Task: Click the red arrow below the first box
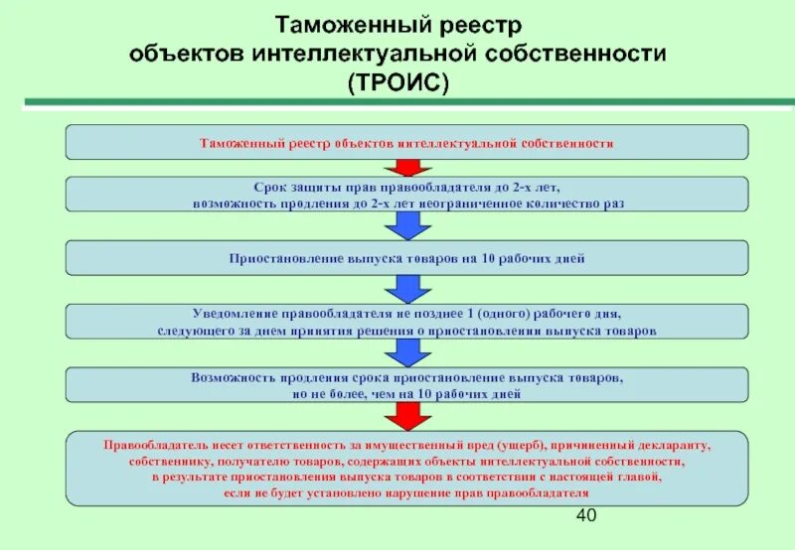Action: (x=406, y=167)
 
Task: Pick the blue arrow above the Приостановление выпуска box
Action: (x=406, y=225)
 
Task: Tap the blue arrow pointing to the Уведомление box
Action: (x=406, y=288)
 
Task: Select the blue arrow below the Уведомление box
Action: (x=406, y=351)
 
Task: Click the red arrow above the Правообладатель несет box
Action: (x=406, y=414)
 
